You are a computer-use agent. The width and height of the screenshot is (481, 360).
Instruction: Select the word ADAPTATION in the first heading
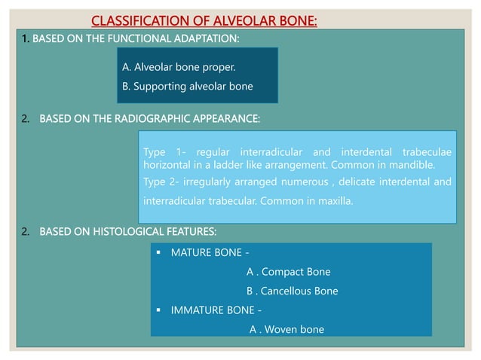pos(202,38)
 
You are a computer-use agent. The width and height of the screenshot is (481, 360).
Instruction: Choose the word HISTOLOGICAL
pos(126,230)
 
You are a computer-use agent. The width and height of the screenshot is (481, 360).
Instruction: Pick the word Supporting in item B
pos(159,87)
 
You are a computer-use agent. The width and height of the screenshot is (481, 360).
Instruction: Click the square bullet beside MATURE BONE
pos(159,252)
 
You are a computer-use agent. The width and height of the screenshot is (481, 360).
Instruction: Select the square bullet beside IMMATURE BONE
pos(159,310)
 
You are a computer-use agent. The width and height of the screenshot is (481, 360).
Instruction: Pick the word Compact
pos(281,272)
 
